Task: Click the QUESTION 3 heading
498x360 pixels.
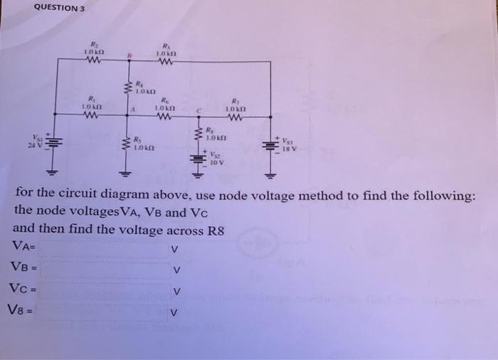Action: coord(59,8)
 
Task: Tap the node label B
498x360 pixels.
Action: coord(129,54)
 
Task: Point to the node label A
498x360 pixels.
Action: coord(132,109)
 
